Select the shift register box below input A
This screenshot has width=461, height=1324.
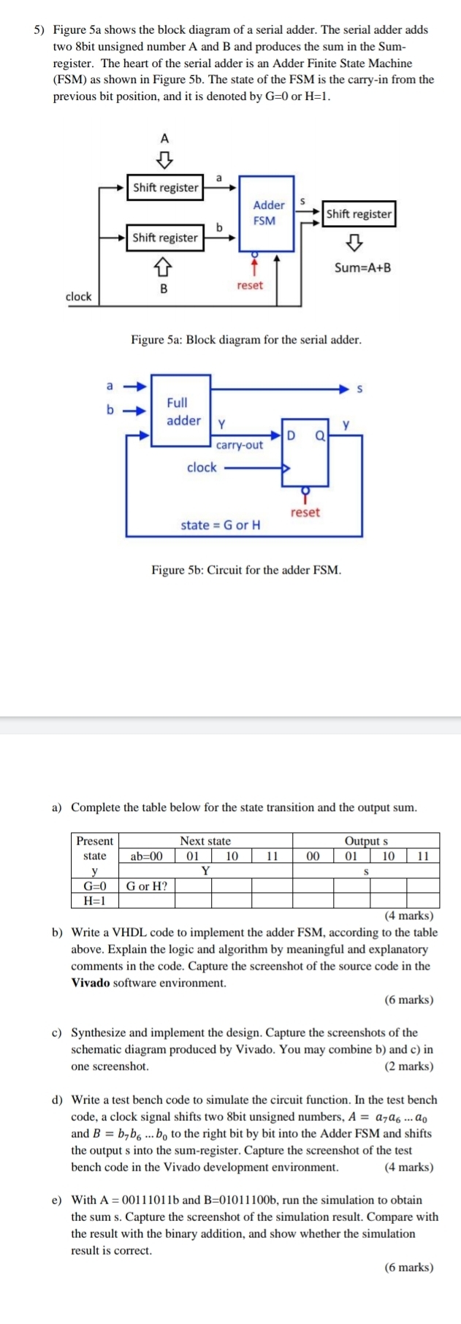[165, 188]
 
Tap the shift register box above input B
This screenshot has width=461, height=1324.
[165, 237]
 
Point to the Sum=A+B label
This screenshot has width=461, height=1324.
[362, 267]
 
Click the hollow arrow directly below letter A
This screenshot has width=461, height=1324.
[165, 158]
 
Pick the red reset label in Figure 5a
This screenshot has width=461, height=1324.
[250, 286]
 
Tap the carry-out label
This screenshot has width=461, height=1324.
[240, 445]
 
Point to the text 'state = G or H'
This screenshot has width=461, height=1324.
[221, 525]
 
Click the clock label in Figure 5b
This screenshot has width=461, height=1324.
[202, 468]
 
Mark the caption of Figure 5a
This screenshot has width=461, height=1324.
[245, 340]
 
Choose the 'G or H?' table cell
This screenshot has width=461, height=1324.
[147, 886]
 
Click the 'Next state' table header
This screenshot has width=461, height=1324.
[205, 841]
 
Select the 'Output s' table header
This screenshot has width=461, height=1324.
[366, 841]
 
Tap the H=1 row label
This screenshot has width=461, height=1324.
[95, 900]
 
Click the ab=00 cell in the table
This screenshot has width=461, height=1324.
[147, 856]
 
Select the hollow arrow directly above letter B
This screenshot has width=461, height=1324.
[165, 264]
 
